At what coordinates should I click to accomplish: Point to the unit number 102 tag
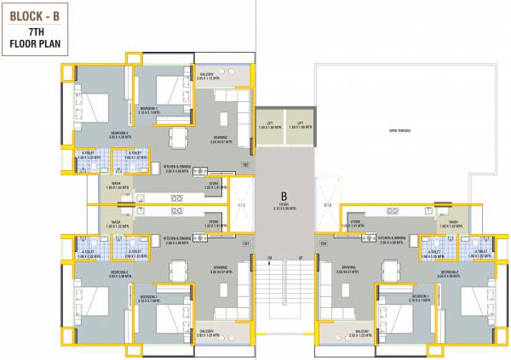[246, 165]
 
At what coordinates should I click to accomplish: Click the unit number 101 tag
[246, 243]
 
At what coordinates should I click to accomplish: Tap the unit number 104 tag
[323, 243]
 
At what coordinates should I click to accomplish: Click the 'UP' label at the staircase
[299, 258]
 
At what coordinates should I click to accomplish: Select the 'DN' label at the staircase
[269, 258]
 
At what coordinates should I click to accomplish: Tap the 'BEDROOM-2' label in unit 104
[450, 271]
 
